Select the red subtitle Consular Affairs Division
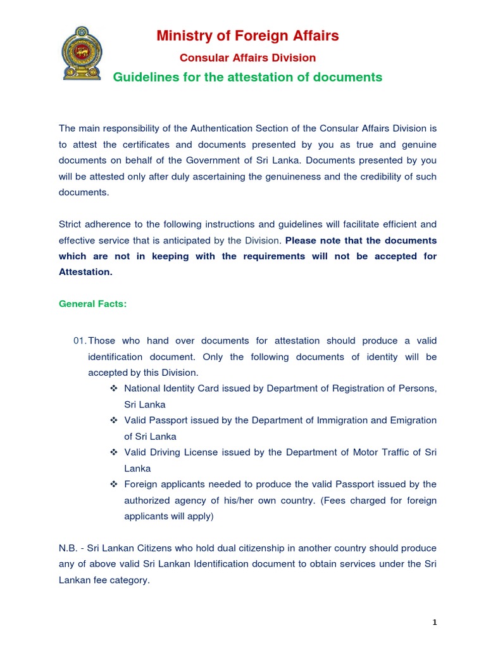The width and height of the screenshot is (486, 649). coord(247,58)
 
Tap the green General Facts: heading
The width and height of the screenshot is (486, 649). coord(92,304)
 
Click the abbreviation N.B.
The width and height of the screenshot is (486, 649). coord(68,548)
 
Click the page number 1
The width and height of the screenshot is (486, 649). coord(435,623)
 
